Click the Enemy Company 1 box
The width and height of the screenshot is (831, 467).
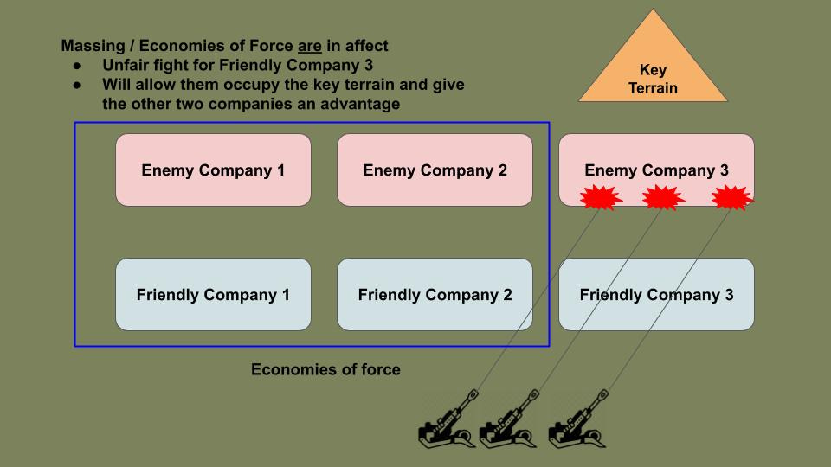coord(213,170)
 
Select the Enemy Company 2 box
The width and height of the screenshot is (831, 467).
coord(435,170)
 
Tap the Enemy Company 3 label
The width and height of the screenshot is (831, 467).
coord(656,170)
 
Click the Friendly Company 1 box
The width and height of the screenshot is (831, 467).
coord(213,295)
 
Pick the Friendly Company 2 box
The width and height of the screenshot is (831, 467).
coord(435,295)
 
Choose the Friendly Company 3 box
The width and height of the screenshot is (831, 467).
coord(656,295)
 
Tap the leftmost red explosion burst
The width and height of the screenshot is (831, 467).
coord(600,198)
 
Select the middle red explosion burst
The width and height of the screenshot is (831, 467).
coord(663,198)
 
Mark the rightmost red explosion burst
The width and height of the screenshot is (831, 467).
coord(731,198)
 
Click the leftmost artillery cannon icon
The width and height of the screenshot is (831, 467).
coord(446,421)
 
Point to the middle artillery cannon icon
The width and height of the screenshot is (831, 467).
coord(507,421)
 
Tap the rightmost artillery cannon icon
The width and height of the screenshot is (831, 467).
coord(577,421)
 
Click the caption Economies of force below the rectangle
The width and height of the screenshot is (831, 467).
coord(325,370)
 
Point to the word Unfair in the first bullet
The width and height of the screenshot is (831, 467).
coord(126,65)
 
